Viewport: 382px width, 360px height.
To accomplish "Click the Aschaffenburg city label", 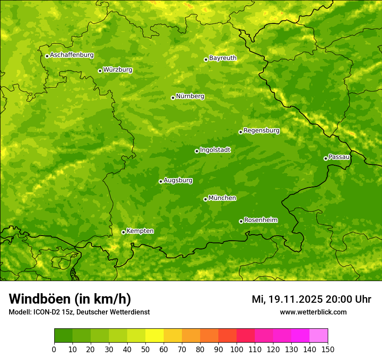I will point(72,55).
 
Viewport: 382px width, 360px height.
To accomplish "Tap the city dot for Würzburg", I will point(100,71).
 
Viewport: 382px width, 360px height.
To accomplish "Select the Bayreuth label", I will point(223,58).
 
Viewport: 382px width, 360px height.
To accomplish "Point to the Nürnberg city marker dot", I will point(173,98).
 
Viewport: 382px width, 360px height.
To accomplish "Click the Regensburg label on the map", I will point(261,131).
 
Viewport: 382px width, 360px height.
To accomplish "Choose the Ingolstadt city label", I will point(215,150).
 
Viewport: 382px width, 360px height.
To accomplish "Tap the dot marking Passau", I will point(326,158).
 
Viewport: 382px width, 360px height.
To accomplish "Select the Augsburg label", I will point(178,180).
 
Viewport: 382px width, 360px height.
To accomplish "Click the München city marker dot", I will point(205,199).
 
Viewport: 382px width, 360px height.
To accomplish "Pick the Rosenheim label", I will point(260,220).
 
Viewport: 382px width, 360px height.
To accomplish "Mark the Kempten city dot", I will point(123,232).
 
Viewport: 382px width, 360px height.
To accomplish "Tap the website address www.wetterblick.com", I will point(313,312).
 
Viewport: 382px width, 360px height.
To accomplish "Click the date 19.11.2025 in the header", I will point(295,299).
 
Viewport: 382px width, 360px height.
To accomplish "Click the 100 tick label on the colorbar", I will point(237,350).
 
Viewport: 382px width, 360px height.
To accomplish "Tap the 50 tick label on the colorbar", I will point(145,350).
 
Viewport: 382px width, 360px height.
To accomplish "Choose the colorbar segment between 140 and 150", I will point(319,336).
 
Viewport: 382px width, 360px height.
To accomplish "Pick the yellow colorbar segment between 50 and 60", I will point(155,336).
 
